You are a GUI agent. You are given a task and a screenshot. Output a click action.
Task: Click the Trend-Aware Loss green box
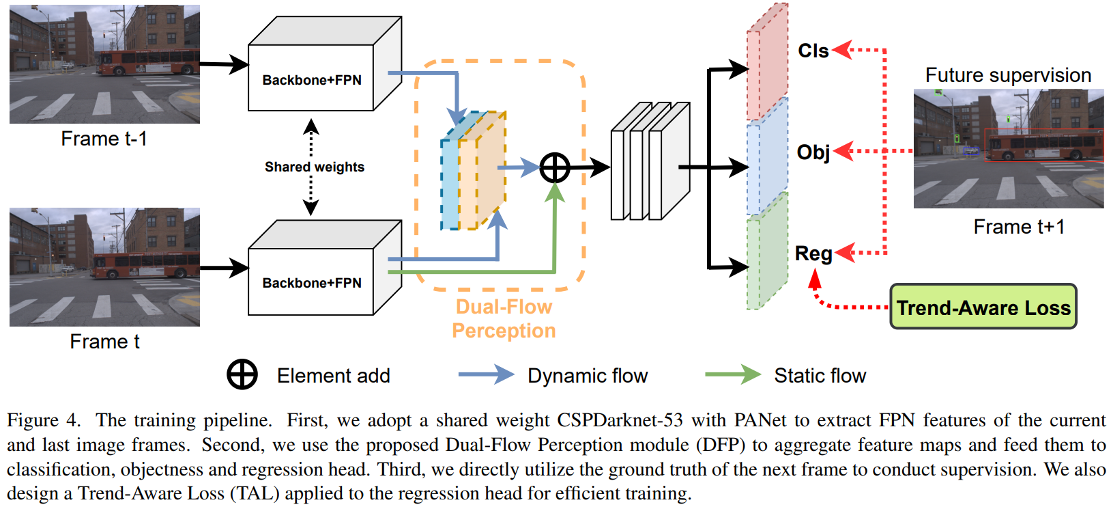tap(983, 307)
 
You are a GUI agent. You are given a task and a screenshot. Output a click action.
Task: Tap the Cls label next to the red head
tap(813, 51)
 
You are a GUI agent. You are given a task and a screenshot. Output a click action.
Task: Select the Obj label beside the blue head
tap(813, 152)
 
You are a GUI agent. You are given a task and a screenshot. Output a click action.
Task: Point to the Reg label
tap(813, 253)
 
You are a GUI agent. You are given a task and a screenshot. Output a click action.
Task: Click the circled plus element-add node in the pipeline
tap(555, 167)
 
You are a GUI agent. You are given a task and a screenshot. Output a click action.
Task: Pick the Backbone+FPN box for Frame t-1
tap(312, 79)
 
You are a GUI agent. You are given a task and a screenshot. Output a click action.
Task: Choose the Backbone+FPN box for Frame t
tap(312, 282)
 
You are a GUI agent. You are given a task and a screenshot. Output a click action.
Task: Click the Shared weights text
tap(315, 167)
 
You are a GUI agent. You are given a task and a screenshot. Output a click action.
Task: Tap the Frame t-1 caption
tap(104, 139)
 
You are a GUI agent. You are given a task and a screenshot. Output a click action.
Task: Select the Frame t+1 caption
tap(1019, 227)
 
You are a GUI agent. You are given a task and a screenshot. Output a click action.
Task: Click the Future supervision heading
tap(1008, 75)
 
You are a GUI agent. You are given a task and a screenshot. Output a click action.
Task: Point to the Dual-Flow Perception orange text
tap(504, 318)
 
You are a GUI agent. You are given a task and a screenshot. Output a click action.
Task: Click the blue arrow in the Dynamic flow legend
tap(485, 374)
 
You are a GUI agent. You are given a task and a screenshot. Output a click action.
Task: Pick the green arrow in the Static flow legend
tap(732, 374)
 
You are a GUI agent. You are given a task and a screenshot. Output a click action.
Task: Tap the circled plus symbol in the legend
tap(242, 374)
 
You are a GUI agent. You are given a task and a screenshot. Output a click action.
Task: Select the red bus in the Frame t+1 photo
tap(1044, 146)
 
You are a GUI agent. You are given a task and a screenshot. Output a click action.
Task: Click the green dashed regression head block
tap(768, 253)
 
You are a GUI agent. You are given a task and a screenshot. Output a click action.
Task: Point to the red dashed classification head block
tap(768, 63)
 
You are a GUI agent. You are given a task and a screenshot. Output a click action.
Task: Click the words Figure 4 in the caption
tap(42, 420)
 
